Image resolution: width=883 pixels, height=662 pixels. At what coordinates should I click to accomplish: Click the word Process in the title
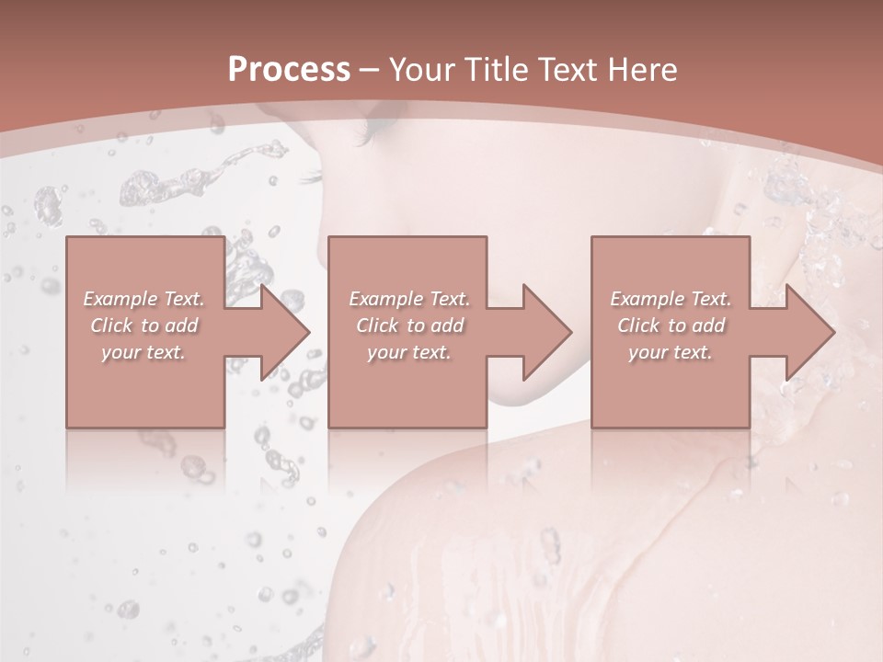[x=289, y=70]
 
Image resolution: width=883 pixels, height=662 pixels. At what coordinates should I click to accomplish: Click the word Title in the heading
[x=498, y=70]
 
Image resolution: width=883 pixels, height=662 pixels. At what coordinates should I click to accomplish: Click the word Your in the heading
[x=423, y=70]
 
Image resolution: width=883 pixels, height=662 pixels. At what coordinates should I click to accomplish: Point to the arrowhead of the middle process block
[x=545, y=332]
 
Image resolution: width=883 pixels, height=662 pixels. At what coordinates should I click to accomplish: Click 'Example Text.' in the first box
[x=144, y=299]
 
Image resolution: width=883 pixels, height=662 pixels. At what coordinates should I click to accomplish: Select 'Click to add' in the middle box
[x=409, y=325]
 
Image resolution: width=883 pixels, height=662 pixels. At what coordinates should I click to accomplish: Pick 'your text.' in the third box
[x=671, y=352]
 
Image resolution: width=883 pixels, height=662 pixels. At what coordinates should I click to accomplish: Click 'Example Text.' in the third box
[x=671, y=299]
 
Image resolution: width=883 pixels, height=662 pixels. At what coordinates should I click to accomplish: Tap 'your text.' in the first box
[x=143, y=352]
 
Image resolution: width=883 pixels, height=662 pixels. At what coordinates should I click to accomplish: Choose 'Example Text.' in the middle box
[x=409, y=299]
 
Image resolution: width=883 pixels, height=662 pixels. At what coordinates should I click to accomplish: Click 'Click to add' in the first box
[x=144, y=325]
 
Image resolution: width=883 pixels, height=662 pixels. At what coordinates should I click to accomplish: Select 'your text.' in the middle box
[x=409, y=352]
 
